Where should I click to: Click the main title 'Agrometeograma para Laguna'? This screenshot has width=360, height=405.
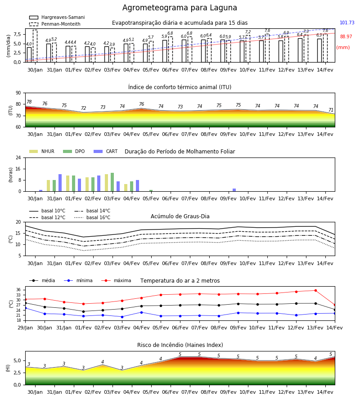tap(180, 8)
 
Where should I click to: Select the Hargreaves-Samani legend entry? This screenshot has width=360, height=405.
tap(57, 17)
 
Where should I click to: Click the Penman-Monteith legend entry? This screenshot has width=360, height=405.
tap(55, 24)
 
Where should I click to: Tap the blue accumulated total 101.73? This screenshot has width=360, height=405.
tap(347, 23)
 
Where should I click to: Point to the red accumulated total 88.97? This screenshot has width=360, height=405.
tap(346, 37)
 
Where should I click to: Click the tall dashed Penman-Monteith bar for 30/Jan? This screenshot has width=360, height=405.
tap(35, 46)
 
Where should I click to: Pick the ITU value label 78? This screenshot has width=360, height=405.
tap(29, 102)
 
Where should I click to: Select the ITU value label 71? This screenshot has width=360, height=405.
tap(331, 110)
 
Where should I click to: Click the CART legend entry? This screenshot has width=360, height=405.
tap(106, 151)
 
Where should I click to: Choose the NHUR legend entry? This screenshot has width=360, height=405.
tap(42, 151)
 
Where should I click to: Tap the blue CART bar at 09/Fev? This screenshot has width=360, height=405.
tap(234, 190)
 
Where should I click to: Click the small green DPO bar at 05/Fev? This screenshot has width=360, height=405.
tap(151, 191)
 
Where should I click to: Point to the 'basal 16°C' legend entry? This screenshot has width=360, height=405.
tap(92, 217)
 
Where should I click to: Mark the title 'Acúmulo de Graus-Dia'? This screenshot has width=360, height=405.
tap(180, 216)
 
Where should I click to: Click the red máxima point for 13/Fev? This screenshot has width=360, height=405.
tap(315, 291)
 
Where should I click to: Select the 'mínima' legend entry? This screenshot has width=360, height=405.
tap(78, 280)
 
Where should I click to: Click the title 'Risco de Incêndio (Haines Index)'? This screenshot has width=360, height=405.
tap(180, 345)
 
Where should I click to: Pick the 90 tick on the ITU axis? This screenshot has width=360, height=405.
tap(18, 93)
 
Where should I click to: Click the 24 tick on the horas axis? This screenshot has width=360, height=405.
tap(18, 157)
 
